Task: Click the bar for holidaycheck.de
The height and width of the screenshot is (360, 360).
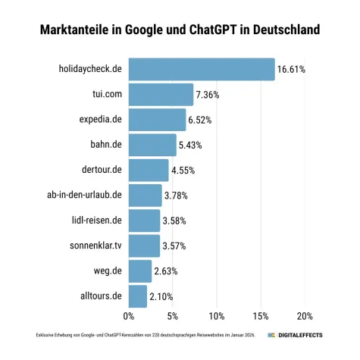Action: [202, 69]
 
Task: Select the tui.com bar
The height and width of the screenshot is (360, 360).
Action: [161, 94]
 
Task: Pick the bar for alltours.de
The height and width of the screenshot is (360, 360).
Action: [138, 296]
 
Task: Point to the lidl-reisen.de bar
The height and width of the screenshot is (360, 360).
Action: [144, 221]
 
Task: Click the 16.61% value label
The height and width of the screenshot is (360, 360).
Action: [292, 69]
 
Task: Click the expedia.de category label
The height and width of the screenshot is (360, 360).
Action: [101, 120]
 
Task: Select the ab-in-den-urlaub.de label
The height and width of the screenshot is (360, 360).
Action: [84, 196]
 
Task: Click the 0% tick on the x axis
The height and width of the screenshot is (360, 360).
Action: [129, 316]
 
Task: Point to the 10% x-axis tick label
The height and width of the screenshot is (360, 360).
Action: [217, 316]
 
